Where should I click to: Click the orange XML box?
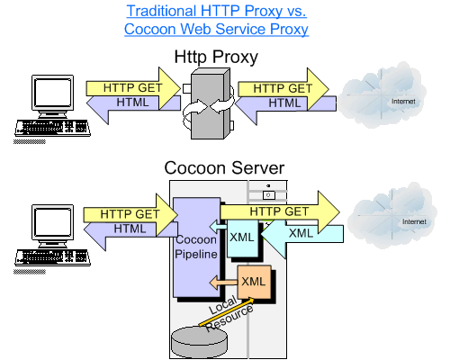(x=255, y=282)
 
